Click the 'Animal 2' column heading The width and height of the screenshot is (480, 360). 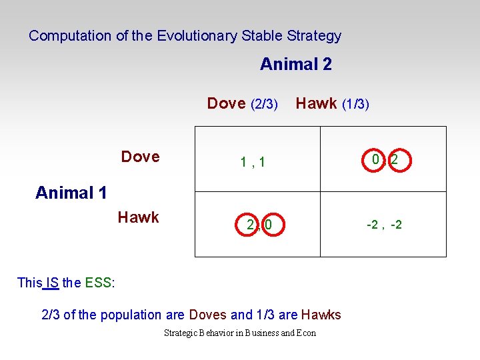[295, 65]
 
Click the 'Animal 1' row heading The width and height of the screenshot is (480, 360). [71, 193]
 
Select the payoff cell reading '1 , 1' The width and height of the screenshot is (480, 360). [253, 161]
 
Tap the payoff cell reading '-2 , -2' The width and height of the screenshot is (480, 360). [384, 225]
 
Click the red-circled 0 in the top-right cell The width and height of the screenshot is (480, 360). [376, 160]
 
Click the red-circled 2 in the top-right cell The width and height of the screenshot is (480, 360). [395, 160]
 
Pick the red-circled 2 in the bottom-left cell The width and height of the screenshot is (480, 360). [250, 225]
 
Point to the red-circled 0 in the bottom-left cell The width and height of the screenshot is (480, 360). [268, 225]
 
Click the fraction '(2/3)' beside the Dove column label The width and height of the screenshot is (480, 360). [264, 104]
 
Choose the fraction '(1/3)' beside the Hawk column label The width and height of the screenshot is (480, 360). [355, 104]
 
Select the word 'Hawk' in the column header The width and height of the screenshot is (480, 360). [316, 103]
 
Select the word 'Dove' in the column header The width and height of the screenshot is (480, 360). [226, 103]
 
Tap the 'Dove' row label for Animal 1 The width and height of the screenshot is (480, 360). [140, 157]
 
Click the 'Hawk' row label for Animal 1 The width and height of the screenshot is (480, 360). [138, 217]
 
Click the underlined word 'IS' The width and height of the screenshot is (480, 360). [52, 283]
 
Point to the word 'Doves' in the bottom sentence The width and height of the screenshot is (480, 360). [208, 315]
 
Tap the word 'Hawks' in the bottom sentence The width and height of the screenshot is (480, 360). [321, 315]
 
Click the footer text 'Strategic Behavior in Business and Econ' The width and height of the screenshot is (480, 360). [240, 333]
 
